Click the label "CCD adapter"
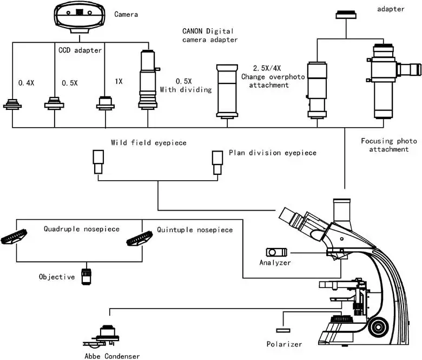click(80, 51)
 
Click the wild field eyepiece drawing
click(98, 161)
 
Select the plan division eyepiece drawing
click(217, 161)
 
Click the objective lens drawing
click(86, 276)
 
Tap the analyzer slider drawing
click(276, 252)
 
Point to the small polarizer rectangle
click(282, 330)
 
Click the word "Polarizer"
click(284, 344)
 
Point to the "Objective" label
click(57, 277)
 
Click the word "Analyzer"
click(275, 263)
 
